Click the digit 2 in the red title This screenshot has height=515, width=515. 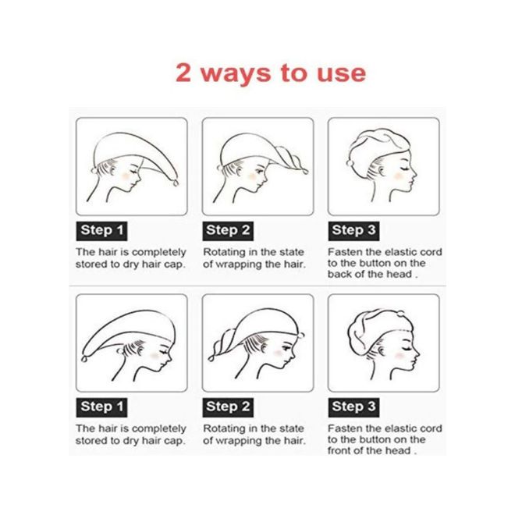pos(183,73)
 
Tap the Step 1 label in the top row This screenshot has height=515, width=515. pos(101,231)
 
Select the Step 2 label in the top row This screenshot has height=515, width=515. pos(228,231)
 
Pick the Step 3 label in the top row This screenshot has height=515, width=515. pos(353,231)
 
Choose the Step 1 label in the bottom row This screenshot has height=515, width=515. pos(101,407)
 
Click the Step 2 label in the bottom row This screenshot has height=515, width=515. pos(228,407)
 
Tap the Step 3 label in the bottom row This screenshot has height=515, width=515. pos(353,407)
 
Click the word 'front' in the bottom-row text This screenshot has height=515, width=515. pos(339,451)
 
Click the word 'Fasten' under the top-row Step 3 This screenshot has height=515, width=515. pos(344,252)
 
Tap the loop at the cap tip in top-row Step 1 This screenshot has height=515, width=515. pos(176,183)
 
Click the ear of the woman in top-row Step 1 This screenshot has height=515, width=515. pos(112,169)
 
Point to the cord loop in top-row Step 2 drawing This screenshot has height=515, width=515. pos(304,171)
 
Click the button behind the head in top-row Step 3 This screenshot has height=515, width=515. pos(350,163)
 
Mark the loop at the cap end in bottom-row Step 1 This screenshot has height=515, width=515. pos(85,359)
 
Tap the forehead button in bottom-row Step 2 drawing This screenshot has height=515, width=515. pos(301,336)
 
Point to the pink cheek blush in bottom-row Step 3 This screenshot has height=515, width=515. pos(399,356)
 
